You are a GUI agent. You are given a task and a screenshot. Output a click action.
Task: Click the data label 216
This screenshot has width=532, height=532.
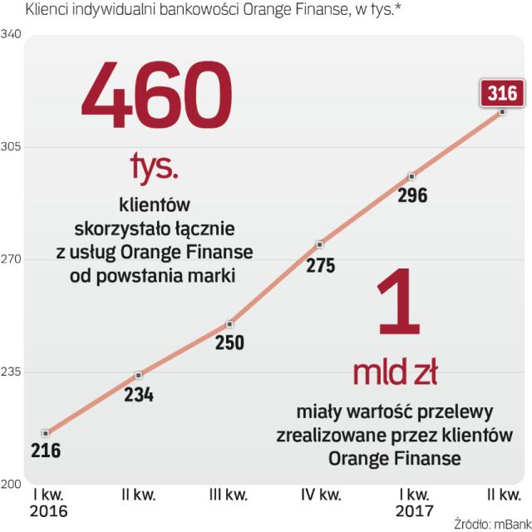click(x=47, y=451)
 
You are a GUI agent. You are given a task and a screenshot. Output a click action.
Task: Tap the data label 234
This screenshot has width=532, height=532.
click(x=139, y=395)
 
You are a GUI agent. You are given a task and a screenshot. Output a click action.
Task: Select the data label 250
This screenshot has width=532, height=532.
click(x=230, y=342)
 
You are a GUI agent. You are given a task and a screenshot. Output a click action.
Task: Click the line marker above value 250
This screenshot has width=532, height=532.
click(x=230, y=323)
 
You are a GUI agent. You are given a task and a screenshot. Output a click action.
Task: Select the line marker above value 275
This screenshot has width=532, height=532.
click(x=320, y=245)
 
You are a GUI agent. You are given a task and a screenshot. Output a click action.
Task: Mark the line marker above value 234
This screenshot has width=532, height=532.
click(x=139, y=376)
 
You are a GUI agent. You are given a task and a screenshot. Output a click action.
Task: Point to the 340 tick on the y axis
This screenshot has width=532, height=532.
click(x=12, y=35)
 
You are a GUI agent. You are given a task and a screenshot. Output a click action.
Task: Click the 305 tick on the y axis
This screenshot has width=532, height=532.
click(x=12, y=147)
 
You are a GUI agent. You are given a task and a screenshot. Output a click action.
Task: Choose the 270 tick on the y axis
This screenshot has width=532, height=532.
click(x=12, y=259)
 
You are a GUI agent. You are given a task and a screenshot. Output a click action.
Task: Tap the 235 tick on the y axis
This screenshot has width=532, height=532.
click(x=12, y=372)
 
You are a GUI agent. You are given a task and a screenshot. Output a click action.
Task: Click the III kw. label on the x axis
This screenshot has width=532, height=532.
click(x=229, y=496)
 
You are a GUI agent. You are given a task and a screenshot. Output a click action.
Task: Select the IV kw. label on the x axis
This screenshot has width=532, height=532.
click(x=320, y=496)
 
